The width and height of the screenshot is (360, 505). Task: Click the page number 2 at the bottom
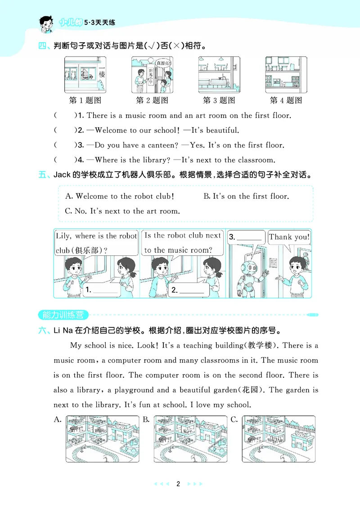coord(178,484)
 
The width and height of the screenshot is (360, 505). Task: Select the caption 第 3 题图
coord(219,100)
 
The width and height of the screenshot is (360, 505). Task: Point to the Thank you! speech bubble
coord(289,237)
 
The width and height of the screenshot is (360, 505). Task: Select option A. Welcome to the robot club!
coord(119,197)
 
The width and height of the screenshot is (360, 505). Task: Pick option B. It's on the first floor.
coord(246,197)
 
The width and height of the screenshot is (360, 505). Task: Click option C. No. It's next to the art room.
coord(122,211)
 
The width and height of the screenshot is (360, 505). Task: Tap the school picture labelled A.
coord(102,438)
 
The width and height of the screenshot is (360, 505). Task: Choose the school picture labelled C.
coord(279,438)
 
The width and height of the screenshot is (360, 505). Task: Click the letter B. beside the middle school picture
coord(146,420)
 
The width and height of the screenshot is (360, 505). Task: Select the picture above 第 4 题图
coord(286,75)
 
